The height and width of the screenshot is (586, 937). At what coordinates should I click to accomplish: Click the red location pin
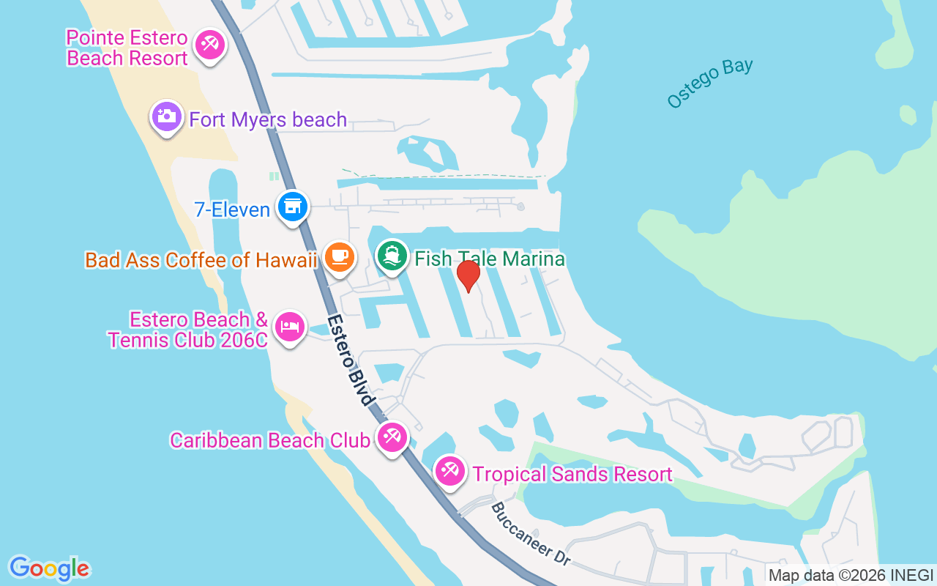[468, 275]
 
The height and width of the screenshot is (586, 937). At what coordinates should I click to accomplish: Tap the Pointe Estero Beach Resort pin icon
[210, 45]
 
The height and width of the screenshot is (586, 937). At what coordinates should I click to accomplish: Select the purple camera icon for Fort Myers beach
[167, 116]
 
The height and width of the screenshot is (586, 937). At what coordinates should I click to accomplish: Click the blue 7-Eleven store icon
[293, 207]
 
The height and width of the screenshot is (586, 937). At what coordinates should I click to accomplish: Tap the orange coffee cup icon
[339, 257]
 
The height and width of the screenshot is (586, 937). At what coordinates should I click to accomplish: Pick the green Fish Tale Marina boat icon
[392, 256]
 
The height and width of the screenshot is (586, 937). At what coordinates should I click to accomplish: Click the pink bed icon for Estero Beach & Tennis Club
[290, 327]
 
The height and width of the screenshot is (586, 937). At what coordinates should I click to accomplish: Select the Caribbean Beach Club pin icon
[392, 438]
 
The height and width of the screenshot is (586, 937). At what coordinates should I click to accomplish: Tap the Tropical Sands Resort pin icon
[449, 471]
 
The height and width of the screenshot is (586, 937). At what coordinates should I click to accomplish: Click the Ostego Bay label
[709, 83]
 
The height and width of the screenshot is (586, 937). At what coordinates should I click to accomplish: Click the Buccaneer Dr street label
[531, 534]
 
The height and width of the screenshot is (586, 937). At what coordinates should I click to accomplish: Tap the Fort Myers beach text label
[268, 119]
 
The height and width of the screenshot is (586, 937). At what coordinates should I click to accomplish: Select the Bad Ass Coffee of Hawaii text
[201, 260]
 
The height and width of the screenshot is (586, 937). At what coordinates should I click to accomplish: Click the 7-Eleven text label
[232, 210]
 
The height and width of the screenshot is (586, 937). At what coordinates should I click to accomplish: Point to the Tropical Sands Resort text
[572, 474]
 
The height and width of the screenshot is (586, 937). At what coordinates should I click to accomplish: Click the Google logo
[50, 568]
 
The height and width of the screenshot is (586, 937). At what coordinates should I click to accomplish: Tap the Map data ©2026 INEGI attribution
[851, 576]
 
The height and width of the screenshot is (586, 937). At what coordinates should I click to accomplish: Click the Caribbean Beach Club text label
[270, 440]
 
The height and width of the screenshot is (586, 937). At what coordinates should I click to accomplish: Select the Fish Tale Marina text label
[490, 259]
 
